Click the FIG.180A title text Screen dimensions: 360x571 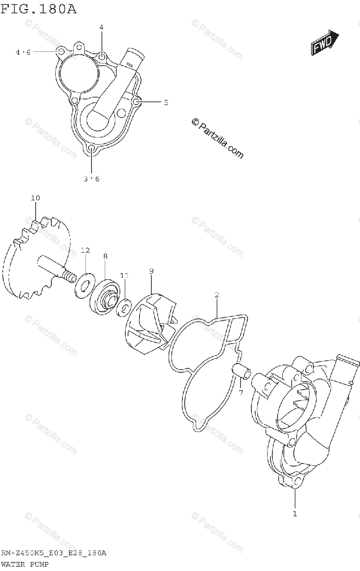(x=39, y=9)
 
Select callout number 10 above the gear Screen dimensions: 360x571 (x=36, y=198)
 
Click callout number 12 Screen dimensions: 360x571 (x=85, y=250)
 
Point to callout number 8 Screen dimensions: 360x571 (x=105, y=256)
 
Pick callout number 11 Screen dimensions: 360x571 (x=124, y=276)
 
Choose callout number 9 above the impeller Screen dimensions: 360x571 (x=151, y=271)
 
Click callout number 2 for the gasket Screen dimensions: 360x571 (x=217, y=295)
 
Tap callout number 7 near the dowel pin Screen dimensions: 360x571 (x=241, y=393)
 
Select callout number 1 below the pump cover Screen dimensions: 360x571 (x=295, y=513)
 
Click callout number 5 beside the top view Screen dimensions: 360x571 (x=166, y=102)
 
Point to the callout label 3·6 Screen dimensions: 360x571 (x=91, y=179)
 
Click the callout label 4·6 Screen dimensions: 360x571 (x=22, y=52)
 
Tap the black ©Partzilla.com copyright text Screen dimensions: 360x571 (x=217, y=138)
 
